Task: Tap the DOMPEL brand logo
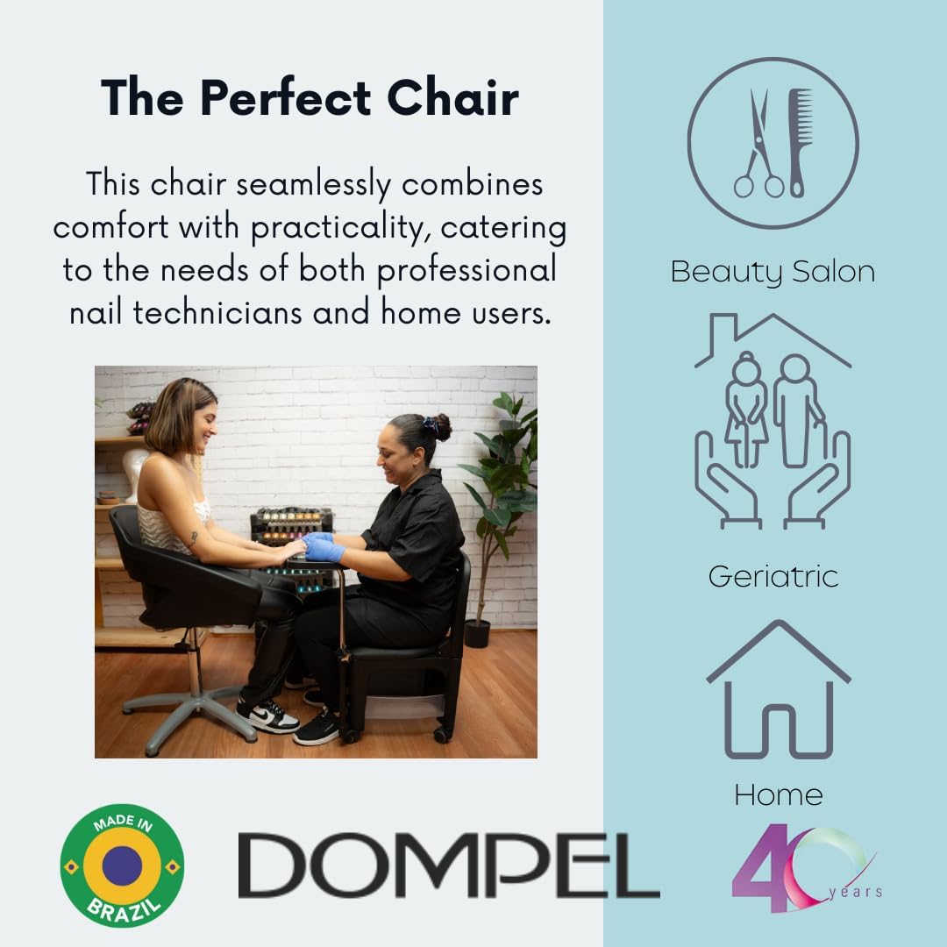click(x=448, y=865)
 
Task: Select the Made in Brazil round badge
click(x=122, y=865)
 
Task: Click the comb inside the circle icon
click(x=799, y=140)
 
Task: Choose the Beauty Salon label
click(x=773, y=271)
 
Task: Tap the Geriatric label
click(x=773, y=576)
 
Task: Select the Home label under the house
click(x=778, y=794)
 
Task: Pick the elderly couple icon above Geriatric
click(x=773, y=412)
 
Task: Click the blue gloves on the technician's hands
click(x=321, y=547)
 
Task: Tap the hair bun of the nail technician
click(x=441, y=427)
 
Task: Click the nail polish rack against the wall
click(x=289, y=526)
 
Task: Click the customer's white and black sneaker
click(x=267, y=715)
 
